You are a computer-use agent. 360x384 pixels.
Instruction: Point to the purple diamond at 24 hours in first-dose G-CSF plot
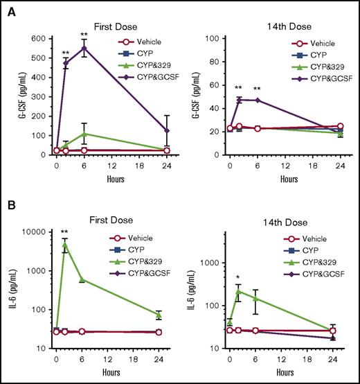(x=165, y=130)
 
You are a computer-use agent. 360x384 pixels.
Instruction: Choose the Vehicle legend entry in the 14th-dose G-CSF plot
(x=314, y=41)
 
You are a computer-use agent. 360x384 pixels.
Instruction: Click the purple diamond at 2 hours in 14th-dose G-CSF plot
(x=239, y=100)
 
